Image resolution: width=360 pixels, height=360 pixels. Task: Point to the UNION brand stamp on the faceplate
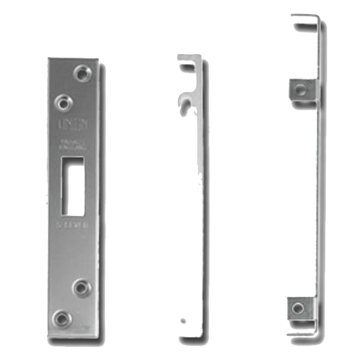tap(71, 124)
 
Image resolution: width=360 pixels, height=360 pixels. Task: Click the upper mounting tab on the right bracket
tap(300, 90)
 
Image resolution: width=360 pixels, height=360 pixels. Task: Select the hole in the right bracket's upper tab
tap(300, 90)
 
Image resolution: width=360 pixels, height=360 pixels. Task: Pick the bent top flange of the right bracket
tap(305, 19)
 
